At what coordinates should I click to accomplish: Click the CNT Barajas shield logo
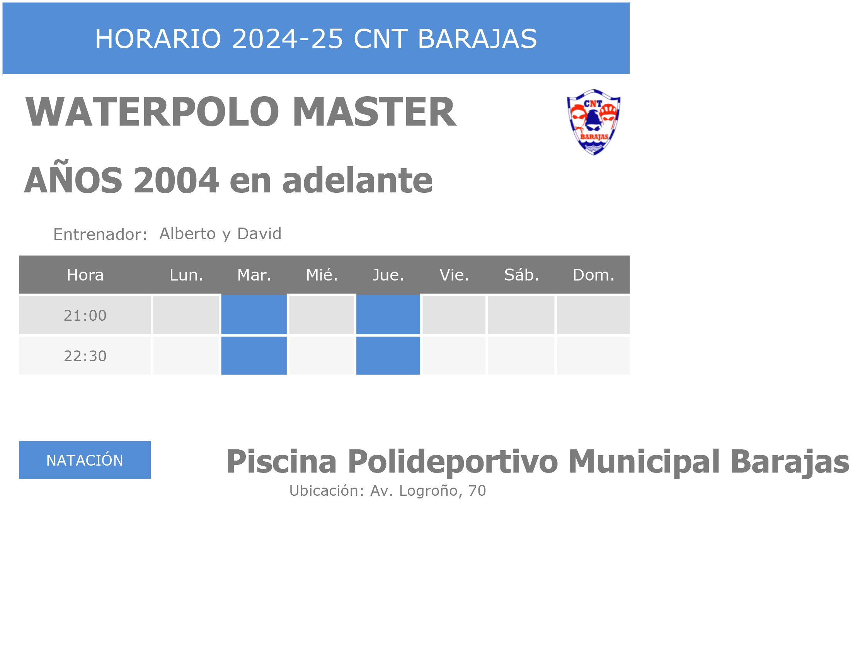[594, 122]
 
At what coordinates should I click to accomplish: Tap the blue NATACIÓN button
[85, 460]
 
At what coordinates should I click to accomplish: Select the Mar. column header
[254, 275]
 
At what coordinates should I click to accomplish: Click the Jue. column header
[388, 275]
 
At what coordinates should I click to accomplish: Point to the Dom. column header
[594, 275]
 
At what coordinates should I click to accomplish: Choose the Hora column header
[85, 275]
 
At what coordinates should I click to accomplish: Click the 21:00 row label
[85, 316]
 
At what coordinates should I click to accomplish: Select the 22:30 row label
[85, 356]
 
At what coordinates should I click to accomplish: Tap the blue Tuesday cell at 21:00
[254, 315]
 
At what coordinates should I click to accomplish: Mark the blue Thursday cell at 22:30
[388, 355]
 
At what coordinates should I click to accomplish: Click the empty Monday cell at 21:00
[186, 315]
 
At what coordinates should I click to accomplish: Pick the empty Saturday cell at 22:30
[521, 356]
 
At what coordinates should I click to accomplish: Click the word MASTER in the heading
[374, 112]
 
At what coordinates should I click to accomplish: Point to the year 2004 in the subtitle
[176, 180]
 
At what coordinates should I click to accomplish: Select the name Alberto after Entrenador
[188, 234]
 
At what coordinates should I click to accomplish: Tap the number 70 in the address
[477, 491]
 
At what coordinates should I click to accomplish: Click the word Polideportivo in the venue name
[453, 462]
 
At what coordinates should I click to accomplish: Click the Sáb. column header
[522, 275]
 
